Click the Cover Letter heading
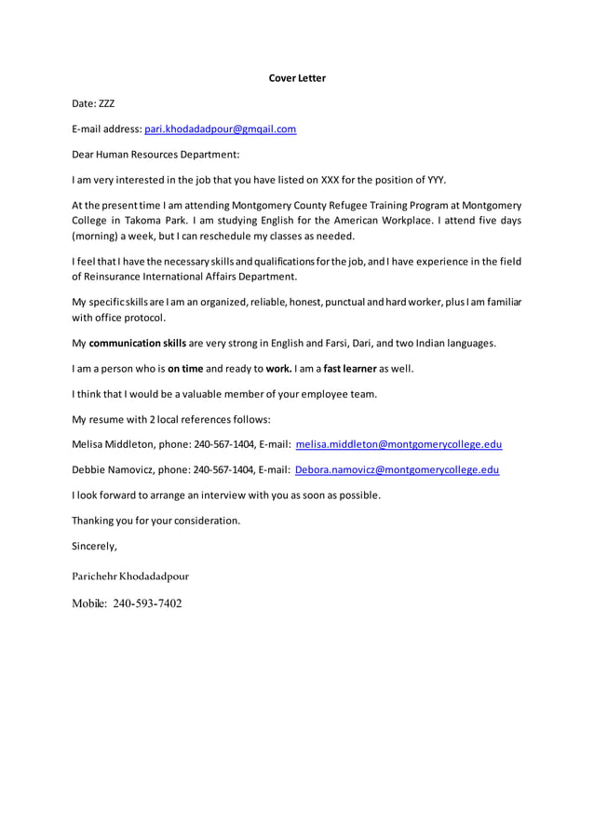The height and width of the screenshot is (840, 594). coord(297,78)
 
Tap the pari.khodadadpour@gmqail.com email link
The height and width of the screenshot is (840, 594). coord(220,129)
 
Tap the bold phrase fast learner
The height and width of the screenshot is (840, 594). coord(349,368)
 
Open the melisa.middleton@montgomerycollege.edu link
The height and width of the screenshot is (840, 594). coord(398,444)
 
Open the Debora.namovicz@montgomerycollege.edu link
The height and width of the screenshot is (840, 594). coord(397,469)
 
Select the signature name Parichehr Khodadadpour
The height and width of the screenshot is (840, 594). coord(130,576)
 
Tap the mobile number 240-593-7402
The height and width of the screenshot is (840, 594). coord(147,603)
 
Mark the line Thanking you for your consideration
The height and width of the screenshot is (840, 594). coord(155,521)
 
